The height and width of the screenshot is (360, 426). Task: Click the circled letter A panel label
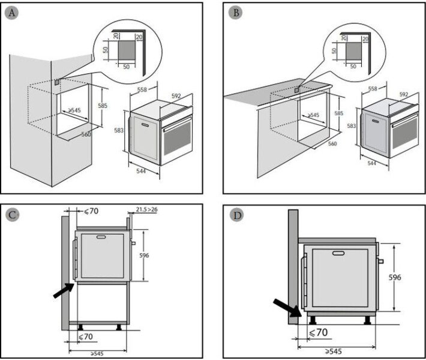pyautogui.click(x=13, y=13)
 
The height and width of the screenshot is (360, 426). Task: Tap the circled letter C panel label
pyautogui.click(x=13, y=215)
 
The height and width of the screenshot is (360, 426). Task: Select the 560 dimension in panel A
pyautogui.click(x=86, y=134)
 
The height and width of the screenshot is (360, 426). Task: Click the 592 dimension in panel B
pyautogui.click(x=403, y=94)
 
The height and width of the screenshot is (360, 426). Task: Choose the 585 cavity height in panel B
pyautogui.click(x=340, y=113)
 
